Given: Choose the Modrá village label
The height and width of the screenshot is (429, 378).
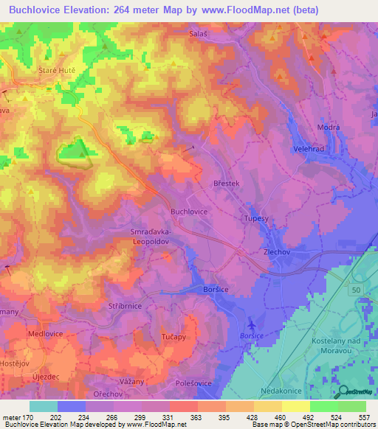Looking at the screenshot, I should tap(328, 127).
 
